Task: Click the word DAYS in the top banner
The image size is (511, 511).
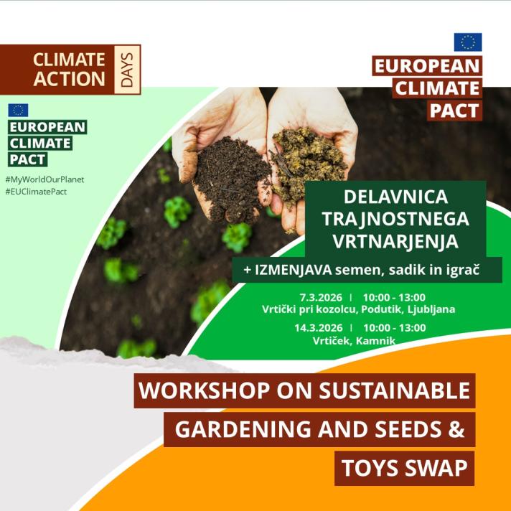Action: (x=128, y=70)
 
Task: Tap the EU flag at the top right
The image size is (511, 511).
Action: (x=467, y=42)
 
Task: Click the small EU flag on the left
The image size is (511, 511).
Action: (x=18, y=110)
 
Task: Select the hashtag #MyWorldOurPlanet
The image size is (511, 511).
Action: (x=44, y=179)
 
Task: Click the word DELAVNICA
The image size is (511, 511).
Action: (x=395, y=196)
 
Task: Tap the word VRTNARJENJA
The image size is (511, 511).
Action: (x=395, y=242)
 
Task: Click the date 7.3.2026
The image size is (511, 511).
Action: (x=322, y=297)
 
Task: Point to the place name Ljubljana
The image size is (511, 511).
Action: (x=431, y=309)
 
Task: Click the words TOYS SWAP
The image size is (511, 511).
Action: (x=405, y=467)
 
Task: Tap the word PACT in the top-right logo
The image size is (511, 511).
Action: (x=455, y=110)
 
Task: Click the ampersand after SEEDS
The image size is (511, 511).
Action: (x=458, y=429)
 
